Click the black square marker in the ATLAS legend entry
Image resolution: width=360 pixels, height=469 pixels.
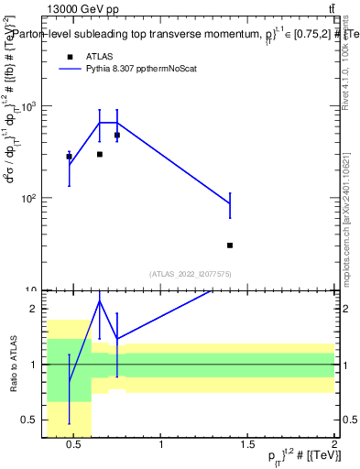(69, 56)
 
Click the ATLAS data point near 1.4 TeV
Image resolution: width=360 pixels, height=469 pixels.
(230, 245)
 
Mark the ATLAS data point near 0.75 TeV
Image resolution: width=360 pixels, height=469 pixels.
(117, 135)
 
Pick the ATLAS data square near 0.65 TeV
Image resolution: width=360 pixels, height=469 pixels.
(100, 154)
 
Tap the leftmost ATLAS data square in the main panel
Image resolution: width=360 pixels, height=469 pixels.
(69, 157)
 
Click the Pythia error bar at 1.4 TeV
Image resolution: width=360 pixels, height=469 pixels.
(230, 204)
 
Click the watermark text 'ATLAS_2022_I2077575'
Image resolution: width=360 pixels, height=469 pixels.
(190, 274)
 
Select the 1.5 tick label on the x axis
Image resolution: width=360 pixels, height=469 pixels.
(247, 446)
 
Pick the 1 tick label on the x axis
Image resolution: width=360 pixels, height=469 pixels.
(161, 446)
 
